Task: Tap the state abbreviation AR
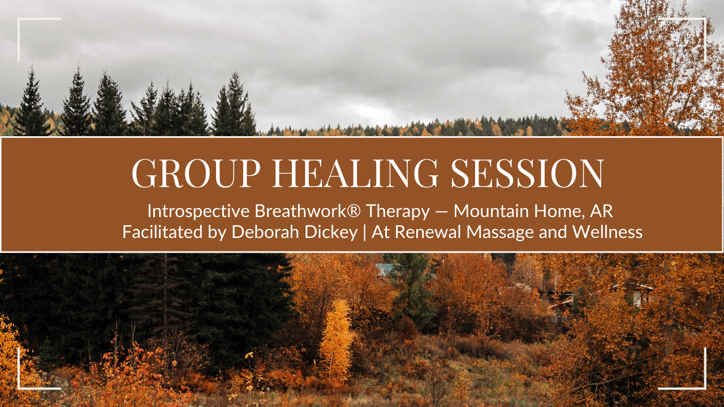tap(601, 211)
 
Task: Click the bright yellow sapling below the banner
tap(338, 339)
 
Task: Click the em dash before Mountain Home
tap(441, 212)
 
